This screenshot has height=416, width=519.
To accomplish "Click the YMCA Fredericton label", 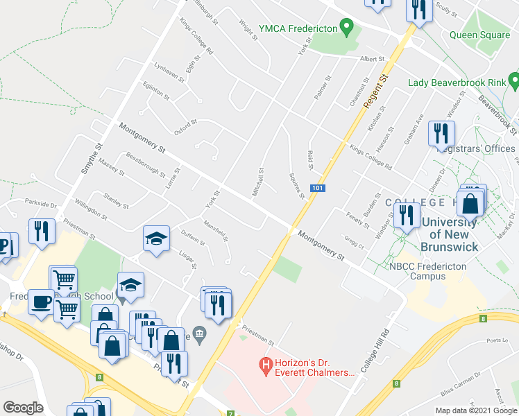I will point(298,28).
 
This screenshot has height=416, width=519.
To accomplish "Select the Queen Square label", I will point(479,35).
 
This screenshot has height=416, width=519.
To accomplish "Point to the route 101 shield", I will point(316,188).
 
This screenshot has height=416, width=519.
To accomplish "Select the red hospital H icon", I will point(264,363).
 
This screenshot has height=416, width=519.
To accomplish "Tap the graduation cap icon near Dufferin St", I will point(157,239).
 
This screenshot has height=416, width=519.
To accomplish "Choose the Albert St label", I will point(371,60).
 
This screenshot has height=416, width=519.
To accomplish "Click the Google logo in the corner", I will point(23,408).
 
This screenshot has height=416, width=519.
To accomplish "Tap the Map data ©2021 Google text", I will point(475,410).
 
